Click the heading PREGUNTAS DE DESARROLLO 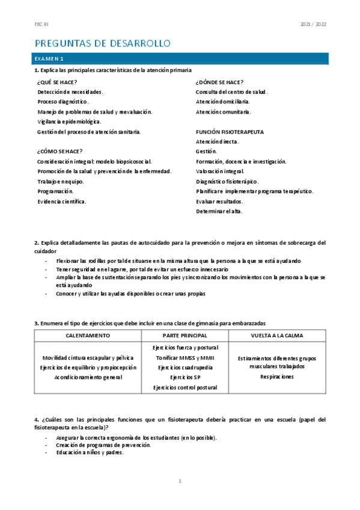point(103,43)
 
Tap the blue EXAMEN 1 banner point(180,58)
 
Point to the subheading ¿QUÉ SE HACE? point(56,82)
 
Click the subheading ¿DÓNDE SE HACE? point(219,82)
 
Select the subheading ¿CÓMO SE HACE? point(59,151)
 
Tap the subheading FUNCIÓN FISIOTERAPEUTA point(230,131)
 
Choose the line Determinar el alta point(219,211)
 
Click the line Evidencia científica point(62,201)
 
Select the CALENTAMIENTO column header point(88,335)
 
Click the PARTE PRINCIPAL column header point(185,335)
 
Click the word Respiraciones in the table point(277,376)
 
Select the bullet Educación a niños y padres point(90,453)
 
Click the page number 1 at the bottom point(180,482)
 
